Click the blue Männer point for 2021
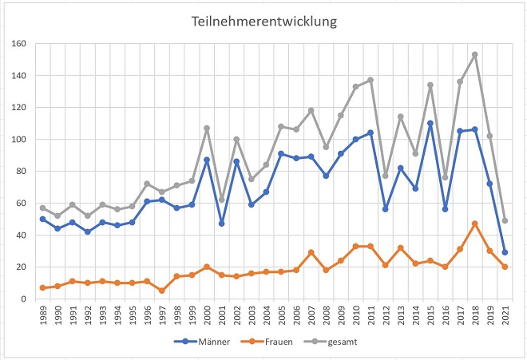click(505, 252)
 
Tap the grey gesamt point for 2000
click(207, 129)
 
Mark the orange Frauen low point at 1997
click(162, 291)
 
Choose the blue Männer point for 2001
click(221, 224)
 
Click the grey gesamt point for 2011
click(370, 80)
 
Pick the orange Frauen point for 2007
click(311, 252)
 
